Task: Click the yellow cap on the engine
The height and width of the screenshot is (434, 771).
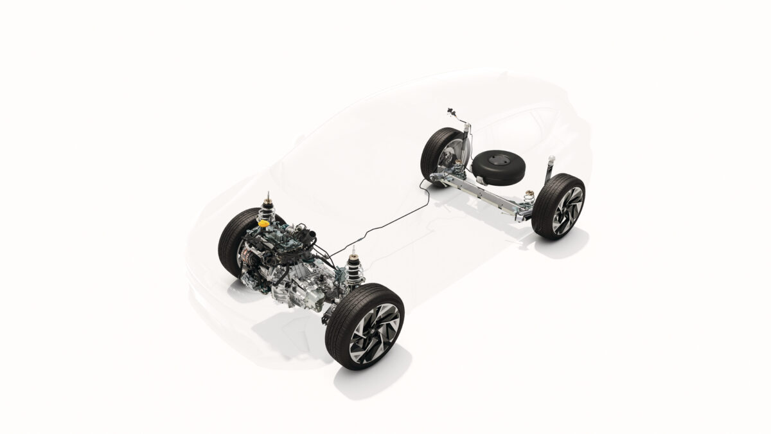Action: coord(263,223)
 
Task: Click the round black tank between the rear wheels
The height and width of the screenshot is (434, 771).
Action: coord(499,163)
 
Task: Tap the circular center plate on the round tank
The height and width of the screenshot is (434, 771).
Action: coord(499,158)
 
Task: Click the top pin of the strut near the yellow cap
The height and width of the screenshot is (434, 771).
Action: coord(265,195)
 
